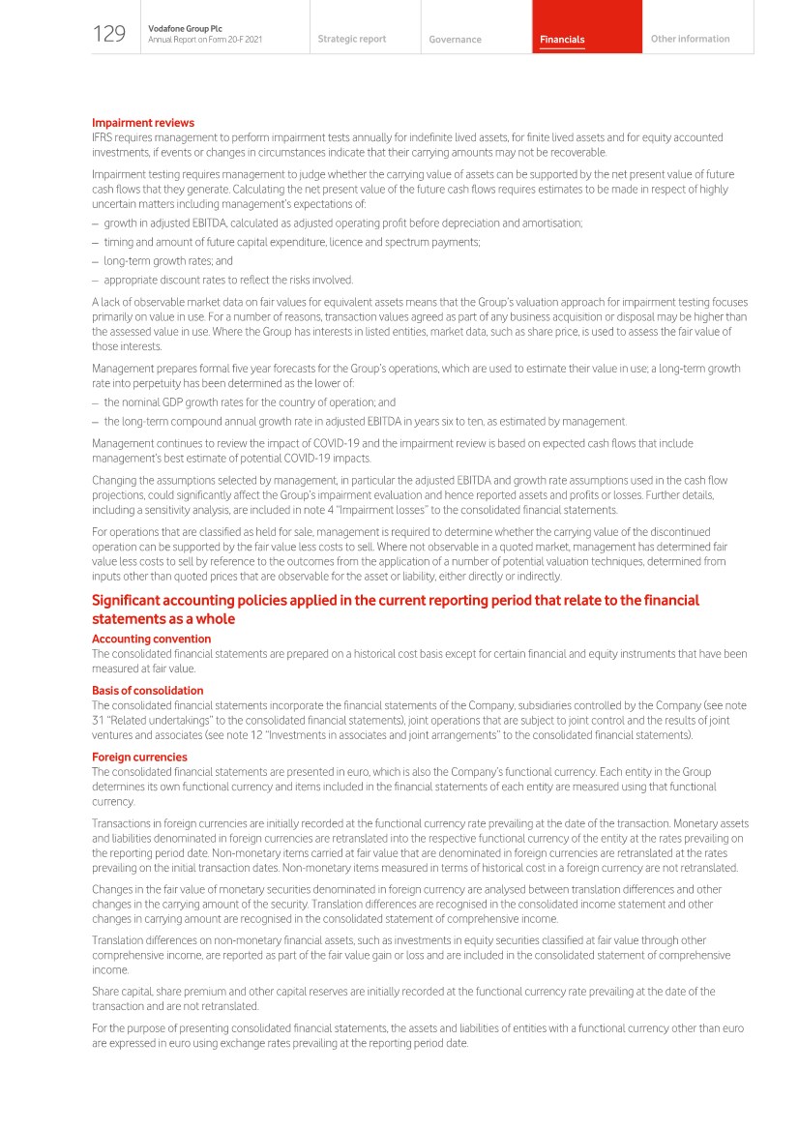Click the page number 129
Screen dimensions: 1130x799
tap(109, 35)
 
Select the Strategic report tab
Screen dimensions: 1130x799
tap(351, 39)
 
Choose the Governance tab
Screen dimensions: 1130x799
tap(455, 40)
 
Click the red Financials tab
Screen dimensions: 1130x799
tap(562, 40)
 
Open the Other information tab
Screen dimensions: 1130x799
tap(690, 39)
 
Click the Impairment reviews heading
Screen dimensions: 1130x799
tap(142, 123)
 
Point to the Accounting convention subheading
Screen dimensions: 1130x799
tap(151, 639)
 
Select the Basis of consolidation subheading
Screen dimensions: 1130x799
tap(147, 691)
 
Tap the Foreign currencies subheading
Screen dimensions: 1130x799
tap(139, 757)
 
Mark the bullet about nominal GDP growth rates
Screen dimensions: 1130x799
tap(250, 402)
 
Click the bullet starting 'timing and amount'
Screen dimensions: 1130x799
tap(291, 242)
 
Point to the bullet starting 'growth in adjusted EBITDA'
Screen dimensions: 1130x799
tap(342, 223)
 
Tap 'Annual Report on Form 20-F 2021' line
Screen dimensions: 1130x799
tap(205, 40)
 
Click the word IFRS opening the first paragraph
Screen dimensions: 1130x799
tap(103, 138)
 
